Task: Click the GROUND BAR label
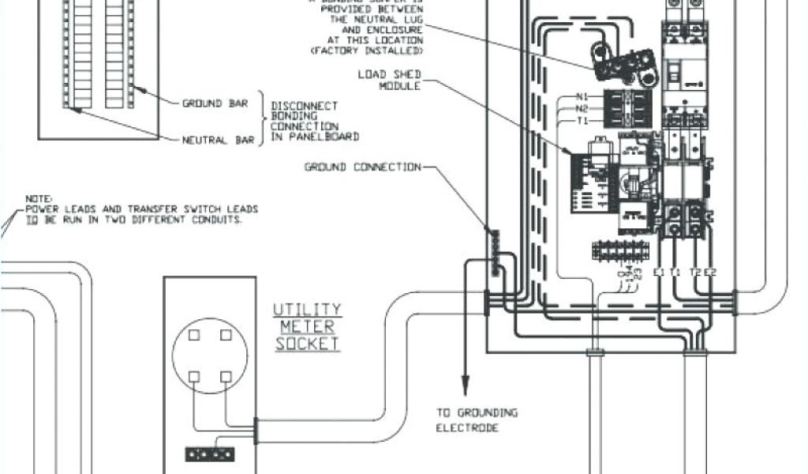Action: click(215, 103)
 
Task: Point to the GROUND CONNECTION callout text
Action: click(363, 167)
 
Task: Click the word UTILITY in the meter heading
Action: click(307, 309)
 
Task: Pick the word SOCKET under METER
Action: click(307, 344)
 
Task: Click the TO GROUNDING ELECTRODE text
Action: click(477, 419)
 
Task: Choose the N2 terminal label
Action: click(582, 109)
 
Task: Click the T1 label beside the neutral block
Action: click(582, 120)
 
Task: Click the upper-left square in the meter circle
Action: click(194, 335)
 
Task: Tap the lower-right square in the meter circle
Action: click(226, 376)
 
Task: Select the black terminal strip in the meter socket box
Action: click(210, 454)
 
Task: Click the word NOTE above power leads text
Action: click(37, 198)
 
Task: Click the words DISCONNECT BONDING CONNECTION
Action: click(304, 121)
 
